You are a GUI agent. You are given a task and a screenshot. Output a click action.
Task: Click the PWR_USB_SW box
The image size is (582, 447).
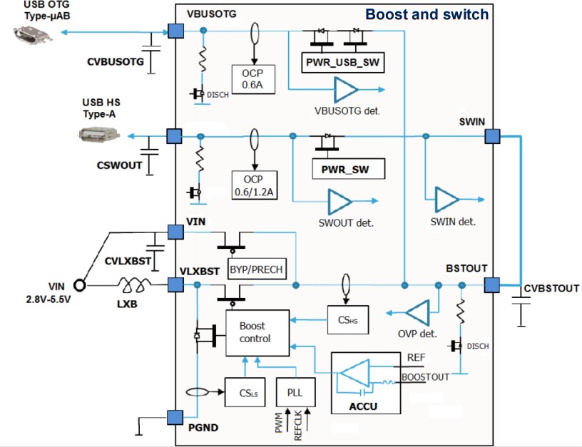344,63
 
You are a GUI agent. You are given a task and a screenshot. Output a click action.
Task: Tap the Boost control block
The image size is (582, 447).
257,332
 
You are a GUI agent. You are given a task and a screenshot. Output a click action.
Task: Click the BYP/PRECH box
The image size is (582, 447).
256,269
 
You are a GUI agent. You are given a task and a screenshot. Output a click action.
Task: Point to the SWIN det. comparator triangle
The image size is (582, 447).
447,200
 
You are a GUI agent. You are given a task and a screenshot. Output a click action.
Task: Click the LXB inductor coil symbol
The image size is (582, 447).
136,285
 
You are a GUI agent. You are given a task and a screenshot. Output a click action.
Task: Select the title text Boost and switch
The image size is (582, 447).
427,14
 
